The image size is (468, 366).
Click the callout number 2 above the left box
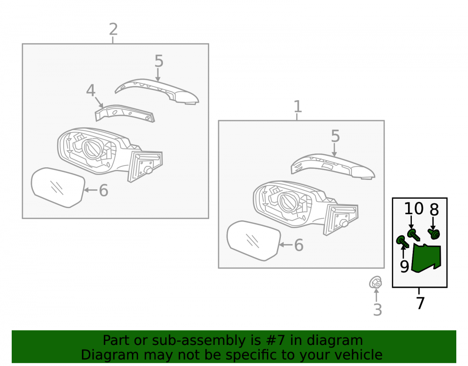(113, 29)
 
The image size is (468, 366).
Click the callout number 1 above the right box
(298, 106)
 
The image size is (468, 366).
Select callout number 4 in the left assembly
(91, 90)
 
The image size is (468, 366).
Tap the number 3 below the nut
(378, 310)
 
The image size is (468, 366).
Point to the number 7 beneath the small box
(420, 303)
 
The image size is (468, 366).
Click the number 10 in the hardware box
(414, 209)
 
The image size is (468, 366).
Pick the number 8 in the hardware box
(434, 210)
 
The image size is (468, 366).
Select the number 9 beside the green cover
(404, 267)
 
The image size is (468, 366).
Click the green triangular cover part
(426, 258)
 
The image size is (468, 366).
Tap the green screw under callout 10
(414, 234)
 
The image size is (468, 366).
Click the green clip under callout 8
(434, 234)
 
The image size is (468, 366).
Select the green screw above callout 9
(402, 242)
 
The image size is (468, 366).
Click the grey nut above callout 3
(375, 282)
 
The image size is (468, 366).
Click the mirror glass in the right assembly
(254, 240)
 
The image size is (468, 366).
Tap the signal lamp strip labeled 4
(124, 113)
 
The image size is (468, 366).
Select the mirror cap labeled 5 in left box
(157, 91)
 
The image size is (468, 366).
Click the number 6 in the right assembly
(299, 245)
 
